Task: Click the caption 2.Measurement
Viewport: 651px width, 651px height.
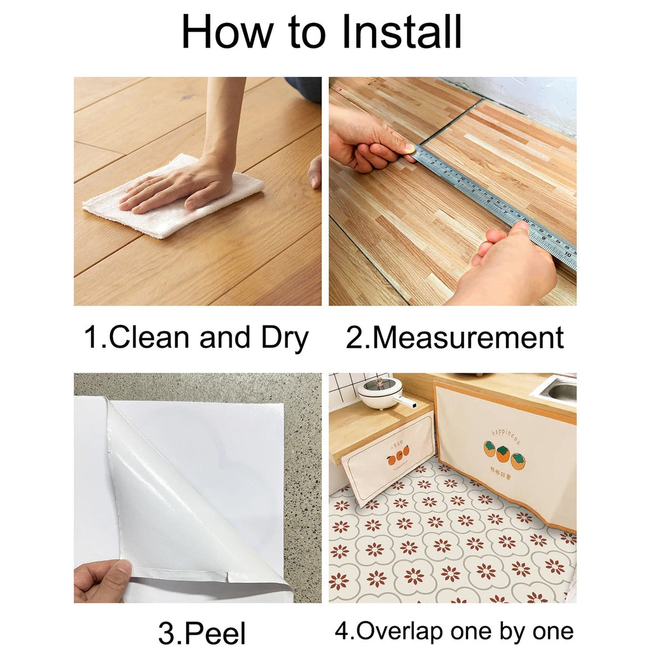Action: tap(455, 338)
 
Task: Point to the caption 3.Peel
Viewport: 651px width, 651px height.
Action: tap(202, 633)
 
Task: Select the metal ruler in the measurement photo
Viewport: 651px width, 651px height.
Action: tap(496, 203)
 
